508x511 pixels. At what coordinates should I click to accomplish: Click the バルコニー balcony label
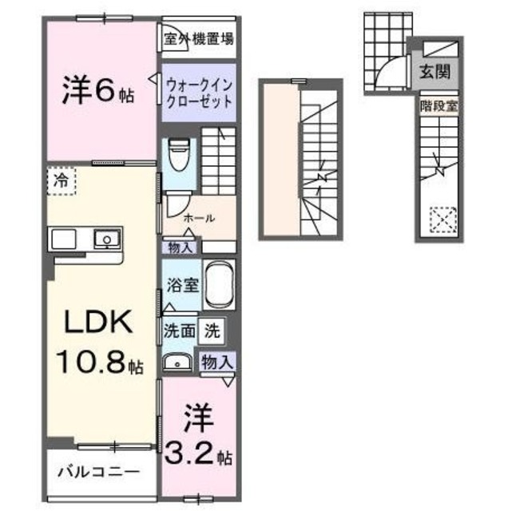(x=92, y=470)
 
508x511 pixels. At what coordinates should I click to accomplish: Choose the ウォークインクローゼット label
(x=199, y=92)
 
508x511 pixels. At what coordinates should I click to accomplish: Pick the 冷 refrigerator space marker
(x=62, y=180)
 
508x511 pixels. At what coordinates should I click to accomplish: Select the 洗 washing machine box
(x=211, y=329)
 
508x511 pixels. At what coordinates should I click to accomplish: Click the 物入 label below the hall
(x=181, y=247)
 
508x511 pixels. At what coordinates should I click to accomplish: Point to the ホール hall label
(x=198, y=218)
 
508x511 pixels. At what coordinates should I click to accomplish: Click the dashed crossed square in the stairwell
(x=443, y=219)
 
